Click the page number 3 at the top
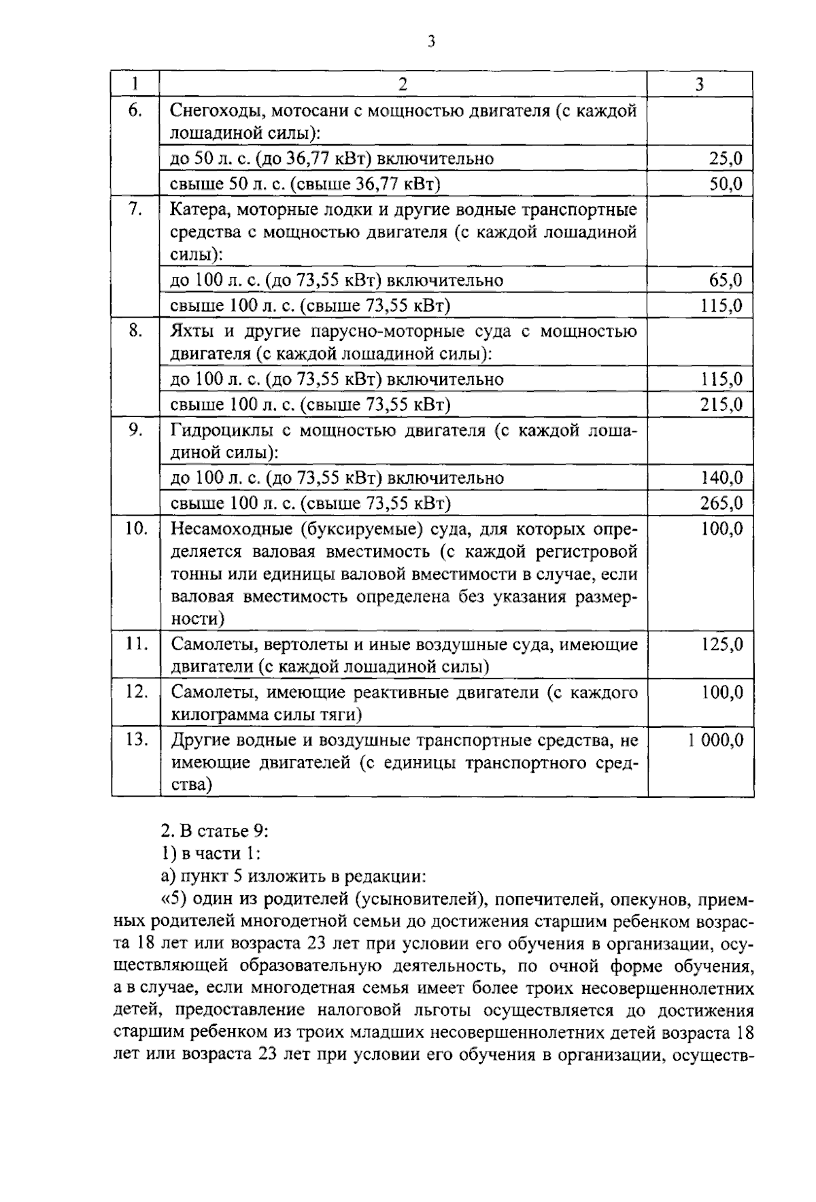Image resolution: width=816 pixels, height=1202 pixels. [x=430, y=42]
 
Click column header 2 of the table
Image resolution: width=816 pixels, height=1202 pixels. [x=403, y=84]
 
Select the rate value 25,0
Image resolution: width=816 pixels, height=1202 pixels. [x=726, y=159]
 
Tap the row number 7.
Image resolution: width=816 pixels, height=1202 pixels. [x=135, y=210]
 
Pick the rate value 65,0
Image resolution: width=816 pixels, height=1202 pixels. [x=726, y=280]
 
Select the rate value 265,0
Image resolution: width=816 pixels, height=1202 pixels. [x=721, y=504]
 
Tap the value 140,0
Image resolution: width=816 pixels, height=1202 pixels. [x=721, y=478]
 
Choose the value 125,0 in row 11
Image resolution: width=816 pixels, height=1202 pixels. [x=722, y=644]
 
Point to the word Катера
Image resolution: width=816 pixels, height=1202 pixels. [x=198, y=210]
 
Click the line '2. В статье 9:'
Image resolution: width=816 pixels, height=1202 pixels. [x=215, y=831]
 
